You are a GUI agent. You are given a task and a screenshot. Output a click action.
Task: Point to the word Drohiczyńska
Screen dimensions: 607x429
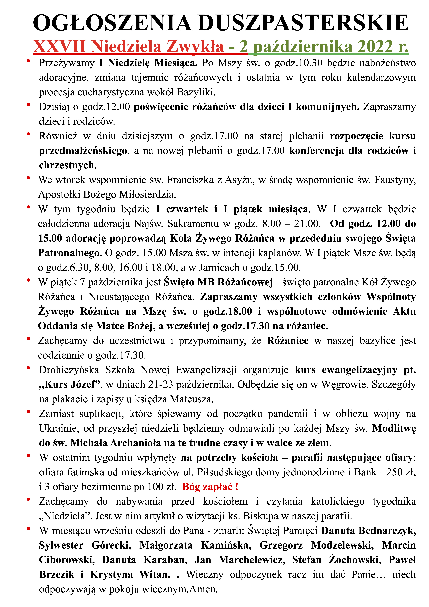69,370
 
